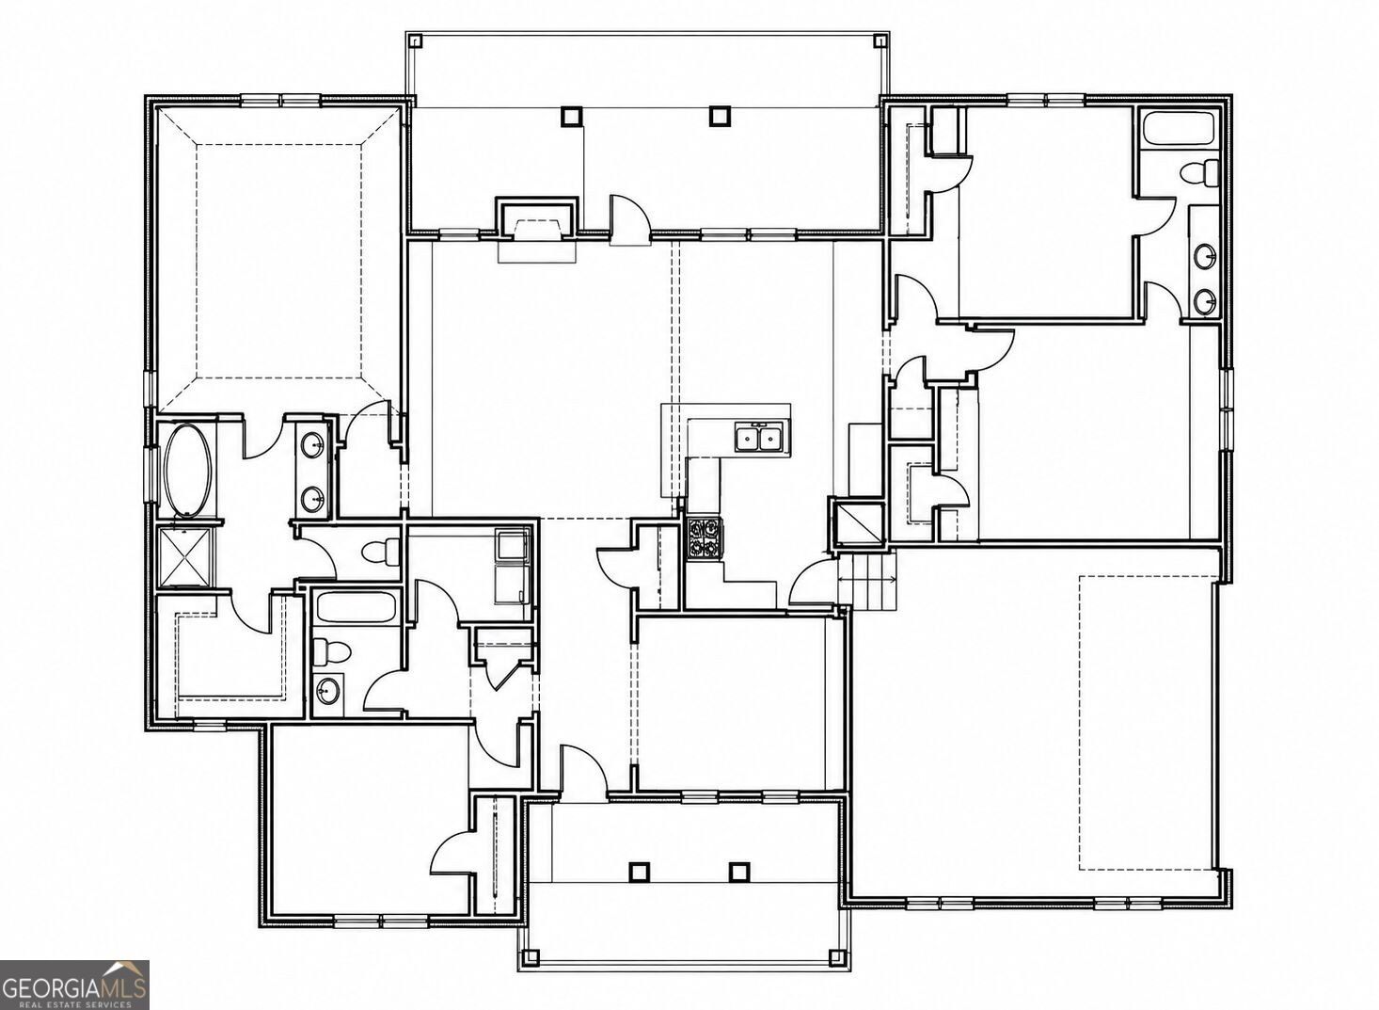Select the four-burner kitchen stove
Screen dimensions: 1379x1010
click(705, 539)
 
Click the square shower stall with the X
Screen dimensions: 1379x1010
click(186, 556)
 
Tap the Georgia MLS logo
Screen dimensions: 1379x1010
click(74, 985)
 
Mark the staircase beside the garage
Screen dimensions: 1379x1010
click(866, 581)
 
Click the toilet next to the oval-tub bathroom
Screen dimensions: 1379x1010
click(378, 552)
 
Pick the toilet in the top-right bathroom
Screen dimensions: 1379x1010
click(1200, 171)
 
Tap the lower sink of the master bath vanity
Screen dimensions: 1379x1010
click(313, 496)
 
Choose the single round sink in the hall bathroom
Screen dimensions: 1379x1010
click(328, 689)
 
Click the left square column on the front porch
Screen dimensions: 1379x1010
click(639, 872)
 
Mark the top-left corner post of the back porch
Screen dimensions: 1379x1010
click(416, 41)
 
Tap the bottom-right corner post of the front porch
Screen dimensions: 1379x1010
click(835, 975)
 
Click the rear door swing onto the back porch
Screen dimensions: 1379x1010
click(629, 215)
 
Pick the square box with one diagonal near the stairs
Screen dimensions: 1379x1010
click(858, 524)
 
